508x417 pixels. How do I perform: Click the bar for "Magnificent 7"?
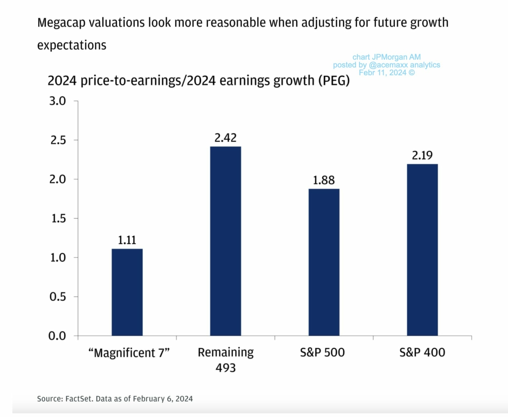127,293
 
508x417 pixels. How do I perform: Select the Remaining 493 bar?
225,241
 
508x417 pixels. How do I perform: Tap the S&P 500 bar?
324,262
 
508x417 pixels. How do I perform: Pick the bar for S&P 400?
422,250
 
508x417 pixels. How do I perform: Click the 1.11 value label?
127,240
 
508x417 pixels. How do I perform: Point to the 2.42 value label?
225,138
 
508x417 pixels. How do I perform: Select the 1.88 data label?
324,180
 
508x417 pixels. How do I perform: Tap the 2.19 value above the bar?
422,156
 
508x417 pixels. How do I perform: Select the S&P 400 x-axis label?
422,352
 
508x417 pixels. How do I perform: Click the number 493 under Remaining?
225,367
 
